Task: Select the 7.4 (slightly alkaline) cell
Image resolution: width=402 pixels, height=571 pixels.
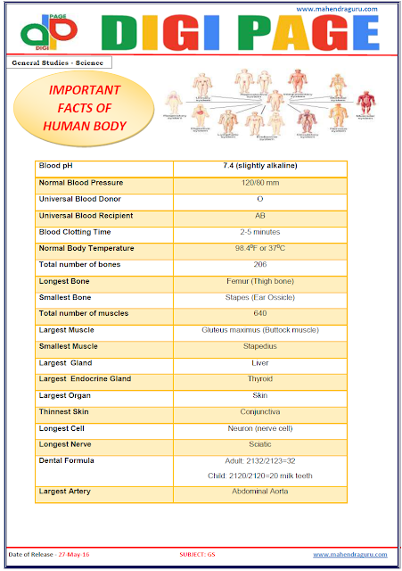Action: pos(260,166)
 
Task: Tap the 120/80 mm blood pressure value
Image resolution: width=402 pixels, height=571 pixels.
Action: pos(260,183)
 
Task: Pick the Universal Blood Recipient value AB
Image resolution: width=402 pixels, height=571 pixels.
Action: pos(260,216)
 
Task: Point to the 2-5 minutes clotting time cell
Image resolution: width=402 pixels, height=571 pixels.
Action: pos(260,232)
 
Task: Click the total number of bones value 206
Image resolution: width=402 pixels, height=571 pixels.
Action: pos(260,265)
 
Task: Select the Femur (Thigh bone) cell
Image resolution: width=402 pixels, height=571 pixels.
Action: pos(260,282)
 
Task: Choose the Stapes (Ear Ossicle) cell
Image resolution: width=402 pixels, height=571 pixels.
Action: pos(260,298)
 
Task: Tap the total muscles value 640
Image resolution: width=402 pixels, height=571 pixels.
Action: pos(260,314)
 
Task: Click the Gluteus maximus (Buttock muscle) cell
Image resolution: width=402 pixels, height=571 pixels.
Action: pos(260,330)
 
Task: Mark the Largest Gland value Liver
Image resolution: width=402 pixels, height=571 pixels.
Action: pos(260,363)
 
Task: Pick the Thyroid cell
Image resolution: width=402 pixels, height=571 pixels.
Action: pos(260,379)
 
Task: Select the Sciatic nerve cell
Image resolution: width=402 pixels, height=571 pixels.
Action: pos(260,444)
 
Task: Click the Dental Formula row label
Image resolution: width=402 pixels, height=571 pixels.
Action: pos(67,460)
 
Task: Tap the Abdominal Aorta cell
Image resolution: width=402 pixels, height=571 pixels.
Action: pos(260,492)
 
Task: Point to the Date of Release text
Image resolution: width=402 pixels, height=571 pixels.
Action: pos(48,555)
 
